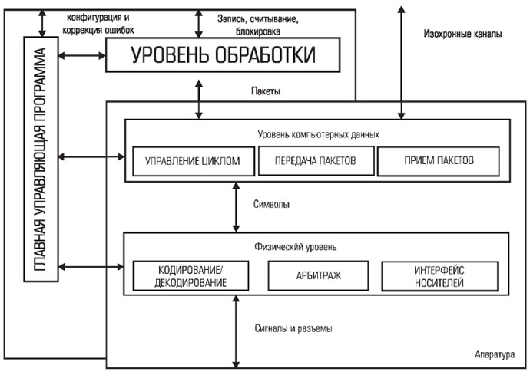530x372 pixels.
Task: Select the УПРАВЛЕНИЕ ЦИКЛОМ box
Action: [x=188, y=161]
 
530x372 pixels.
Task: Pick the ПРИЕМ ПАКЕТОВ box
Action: [x=439, y=161]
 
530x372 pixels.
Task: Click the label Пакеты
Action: [x=265, y=92]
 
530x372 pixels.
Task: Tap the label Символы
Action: [x=270, y=206]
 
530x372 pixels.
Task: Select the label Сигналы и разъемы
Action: [x=293, y=329]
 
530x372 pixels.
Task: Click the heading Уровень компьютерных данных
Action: [x=317, y=133]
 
